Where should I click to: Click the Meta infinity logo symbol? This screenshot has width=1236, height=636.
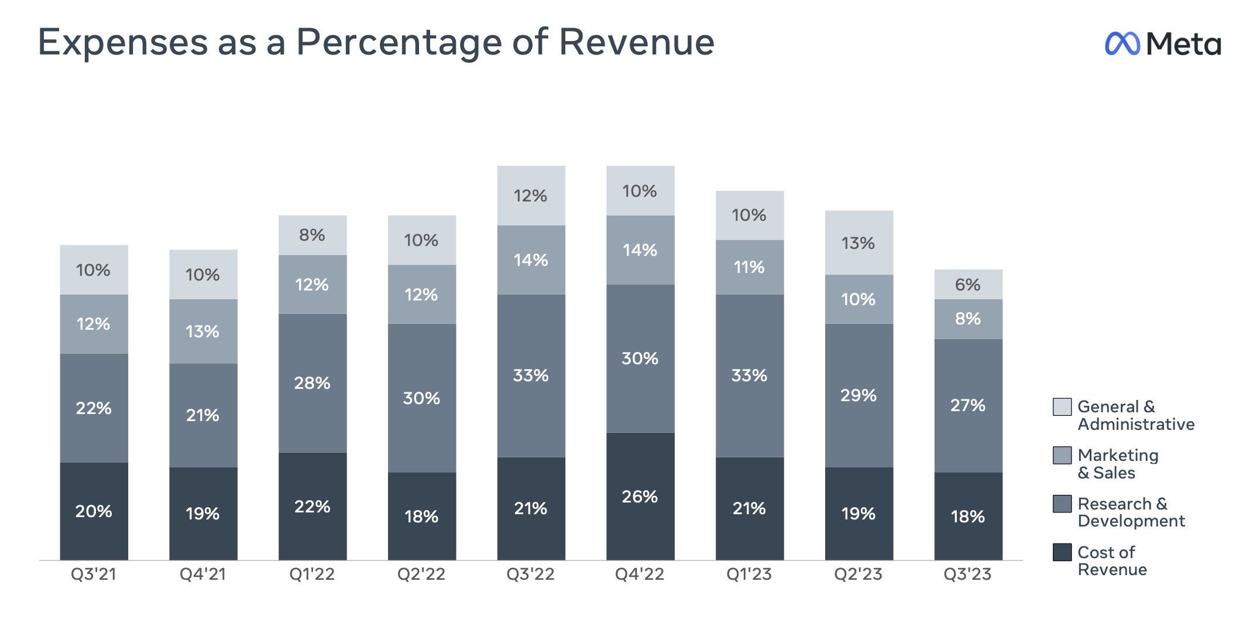1122,44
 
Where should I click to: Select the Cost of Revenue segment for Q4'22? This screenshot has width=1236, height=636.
640,496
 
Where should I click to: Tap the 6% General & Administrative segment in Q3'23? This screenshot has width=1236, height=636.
968,285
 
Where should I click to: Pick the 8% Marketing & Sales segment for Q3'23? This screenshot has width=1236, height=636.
968,319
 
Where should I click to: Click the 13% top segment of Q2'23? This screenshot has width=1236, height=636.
859,243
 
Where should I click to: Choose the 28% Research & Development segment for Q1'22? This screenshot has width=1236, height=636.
313,383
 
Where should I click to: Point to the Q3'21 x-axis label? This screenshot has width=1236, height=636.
94,574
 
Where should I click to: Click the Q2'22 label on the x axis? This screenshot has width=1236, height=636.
421,574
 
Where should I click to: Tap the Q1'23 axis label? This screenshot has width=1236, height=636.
749,574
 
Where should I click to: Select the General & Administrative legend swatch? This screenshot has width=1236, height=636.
1062,406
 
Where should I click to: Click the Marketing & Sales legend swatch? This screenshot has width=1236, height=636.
1062,455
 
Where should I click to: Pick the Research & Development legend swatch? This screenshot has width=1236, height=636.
1062,504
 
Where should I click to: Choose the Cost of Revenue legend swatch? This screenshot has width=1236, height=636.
1062,552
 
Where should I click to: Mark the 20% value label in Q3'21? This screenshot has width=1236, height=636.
94,511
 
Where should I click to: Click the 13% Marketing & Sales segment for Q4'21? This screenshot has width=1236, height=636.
203,331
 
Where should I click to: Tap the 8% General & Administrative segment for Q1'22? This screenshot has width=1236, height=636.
313,235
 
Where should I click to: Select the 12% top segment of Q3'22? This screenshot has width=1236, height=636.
531,196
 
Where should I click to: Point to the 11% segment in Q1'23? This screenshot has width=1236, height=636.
749,267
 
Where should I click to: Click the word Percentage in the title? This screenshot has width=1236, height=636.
399,42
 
